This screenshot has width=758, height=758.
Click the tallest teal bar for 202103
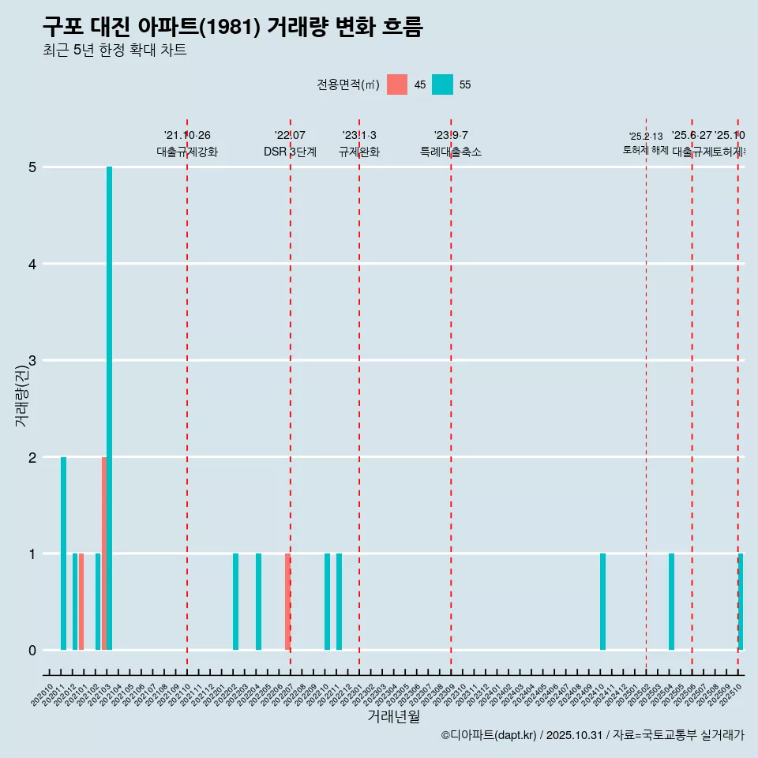(110, 408)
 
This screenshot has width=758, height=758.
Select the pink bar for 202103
(104, 553)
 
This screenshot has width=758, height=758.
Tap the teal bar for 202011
(63, 553)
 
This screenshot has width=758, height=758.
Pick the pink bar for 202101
(81, 602)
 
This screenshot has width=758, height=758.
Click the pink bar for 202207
(287, 602)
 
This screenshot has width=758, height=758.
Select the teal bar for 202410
(603, 602)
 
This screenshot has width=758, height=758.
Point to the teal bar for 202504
(672, 602)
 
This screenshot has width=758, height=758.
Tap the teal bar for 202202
(236, 602)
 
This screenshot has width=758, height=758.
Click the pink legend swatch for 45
(397, 84)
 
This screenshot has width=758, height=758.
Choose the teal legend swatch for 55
(443, 84)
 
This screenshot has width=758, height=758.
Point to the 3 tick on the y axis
(32, 361)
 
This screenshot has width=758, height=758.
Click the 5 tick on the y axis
(32, 167)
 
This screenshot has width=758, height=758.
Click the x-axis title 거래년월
(393, 716)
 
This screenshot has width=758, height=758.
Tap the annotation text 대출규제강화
(187, 152)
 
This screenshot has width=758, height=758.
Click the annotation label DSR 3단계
(290, 152)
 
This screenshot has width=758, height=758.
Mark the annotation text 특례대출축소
(451, 152)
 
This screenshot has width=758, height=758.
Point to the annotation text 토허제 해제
(646, 149)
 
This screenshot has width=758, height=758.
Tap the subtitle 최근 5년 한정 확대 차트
(115, 51)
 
